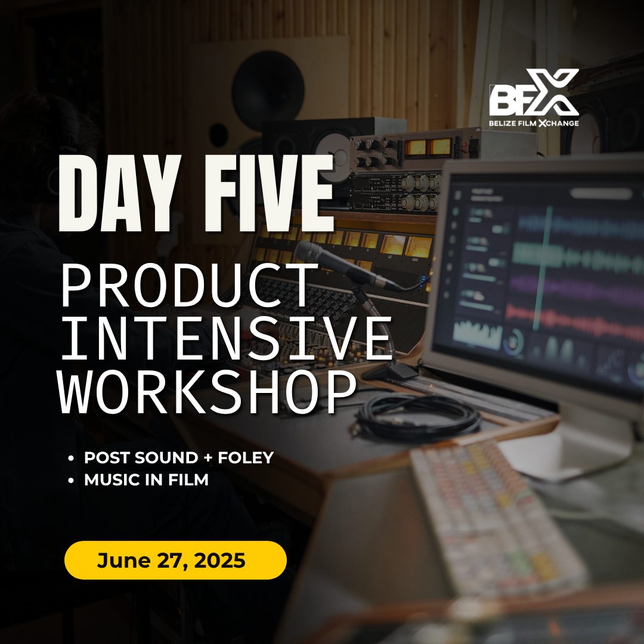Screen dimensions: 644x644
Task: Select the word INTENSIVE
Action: coord(226,339)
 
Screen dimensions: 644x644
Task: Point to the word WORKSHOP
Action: coord(208,392)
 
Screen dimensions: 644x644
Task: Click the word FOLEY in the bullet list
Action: coord(246,457)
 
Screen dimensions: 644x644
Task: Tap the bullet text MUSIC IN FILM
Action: coord(146,479)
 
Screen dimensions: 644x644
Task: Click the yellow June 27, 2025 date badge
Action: coord(175,560)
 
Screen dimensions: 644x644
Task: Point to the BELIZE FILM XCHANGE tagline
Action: coord(534,123)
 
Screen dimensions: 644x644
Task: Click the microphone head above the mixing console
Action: coord(312,253)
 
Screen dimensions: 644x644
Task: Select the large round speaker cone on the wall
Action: coord(268,91)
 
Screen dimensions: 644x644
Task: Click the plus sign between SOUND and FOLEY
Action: coord(208,457)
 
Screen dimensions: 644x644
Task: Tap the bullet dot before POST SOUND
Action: coord(71,457)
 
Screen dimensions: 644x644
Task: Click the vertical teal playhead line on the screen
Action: coord(542,268)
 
